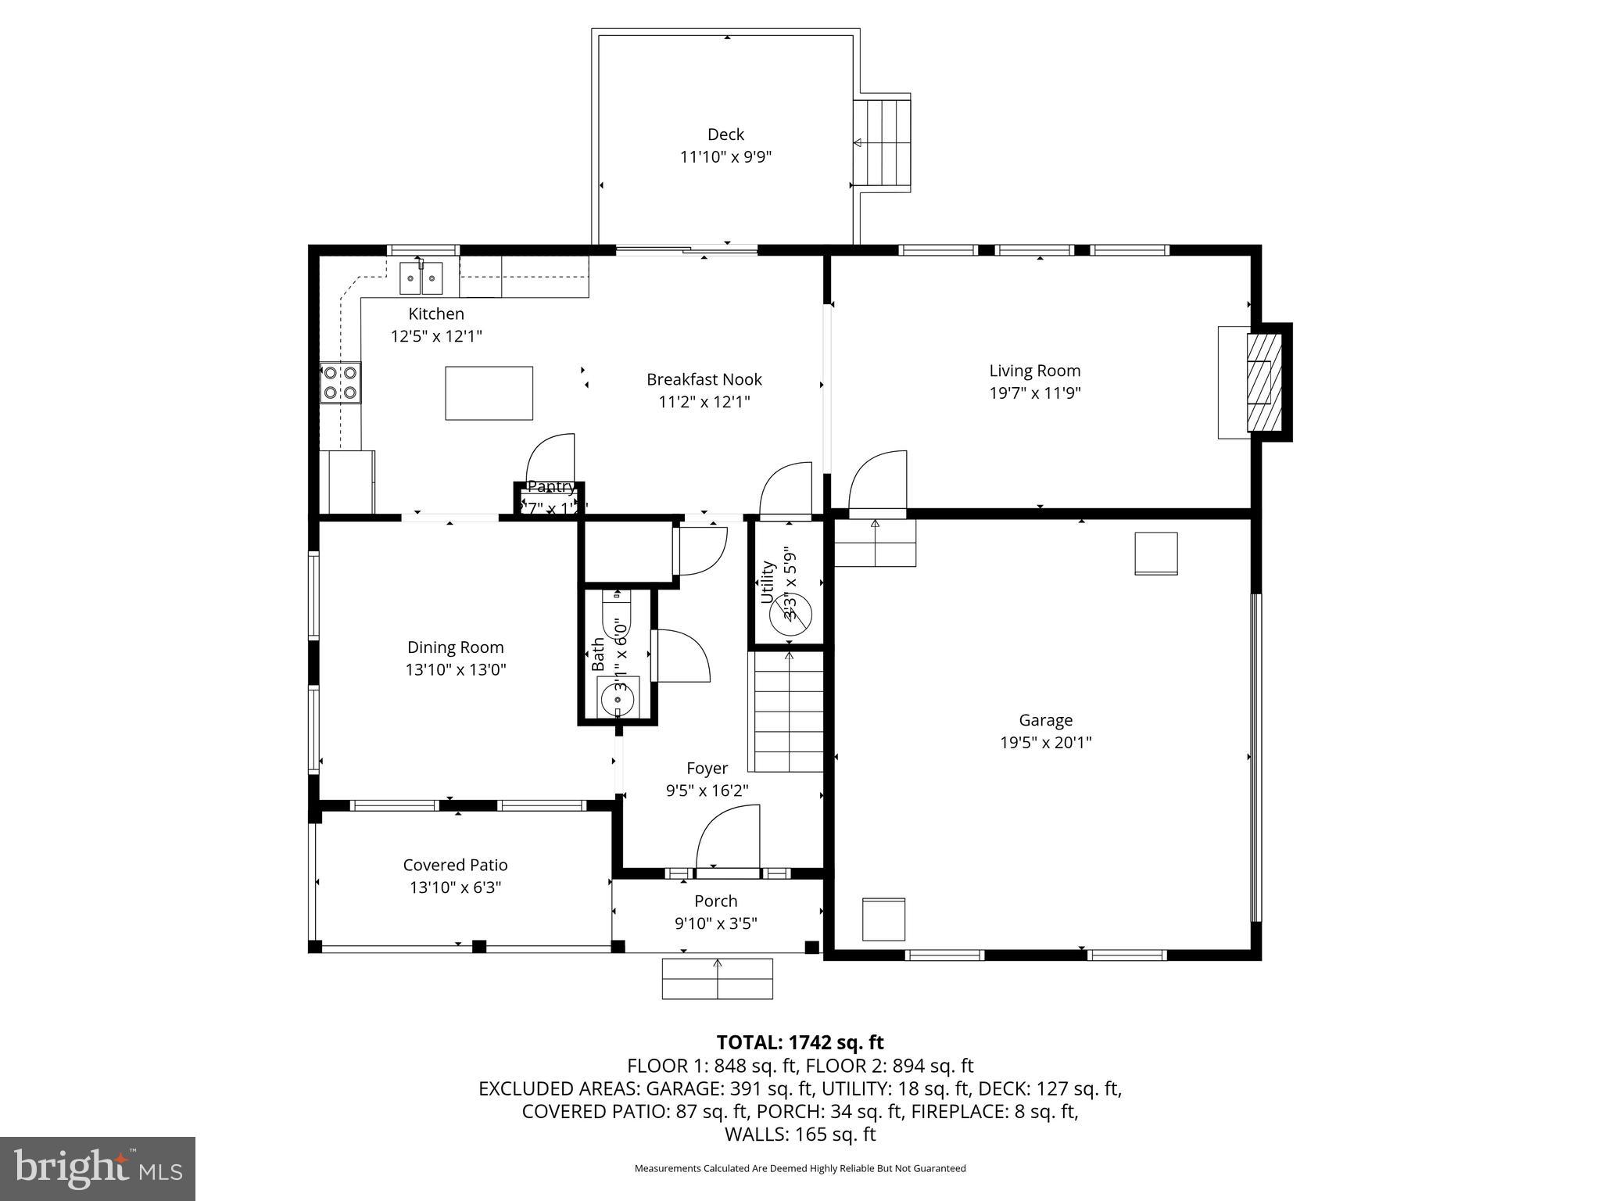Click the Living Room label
1034,371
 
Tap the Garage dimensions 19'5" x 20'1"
1045,742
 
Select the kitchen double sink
421,278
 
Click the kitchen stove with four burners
341,383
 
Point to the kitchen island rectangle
489,393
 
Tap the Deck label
725,134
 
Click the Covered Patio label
455,865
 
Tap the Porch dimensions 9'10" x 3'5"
715,923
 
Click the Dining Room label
455,647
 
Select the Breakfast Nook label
704,379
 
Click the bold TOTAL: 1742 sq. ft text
800,1042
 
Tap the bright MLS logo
97,1168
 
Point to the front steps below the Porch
717,978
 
